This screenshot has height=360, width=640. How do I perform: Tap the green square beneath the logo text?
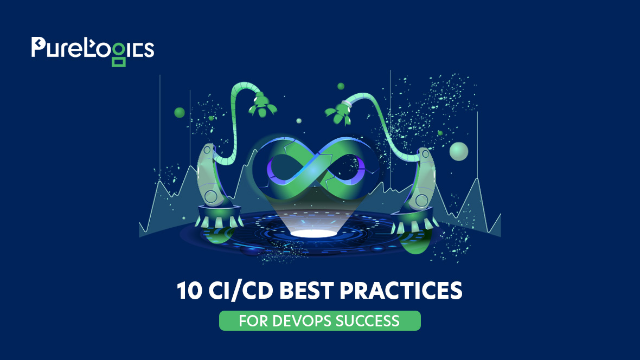coord(119,61)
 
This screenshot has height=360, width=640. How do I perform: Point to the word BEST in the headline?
coord(309,291)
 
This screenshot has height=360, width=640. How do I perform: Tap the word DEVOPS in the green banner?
coord(304,320)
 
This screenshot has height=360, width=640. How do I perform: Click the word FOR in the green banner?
coord(252,320)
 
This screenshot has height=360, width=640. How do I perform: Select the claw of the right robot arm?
coord(339,111)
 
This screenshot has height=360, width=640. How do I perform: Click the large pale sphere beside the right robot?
coord(459,151)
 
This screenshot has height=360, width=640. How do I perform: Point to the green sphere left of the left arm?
coord(180,113)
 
